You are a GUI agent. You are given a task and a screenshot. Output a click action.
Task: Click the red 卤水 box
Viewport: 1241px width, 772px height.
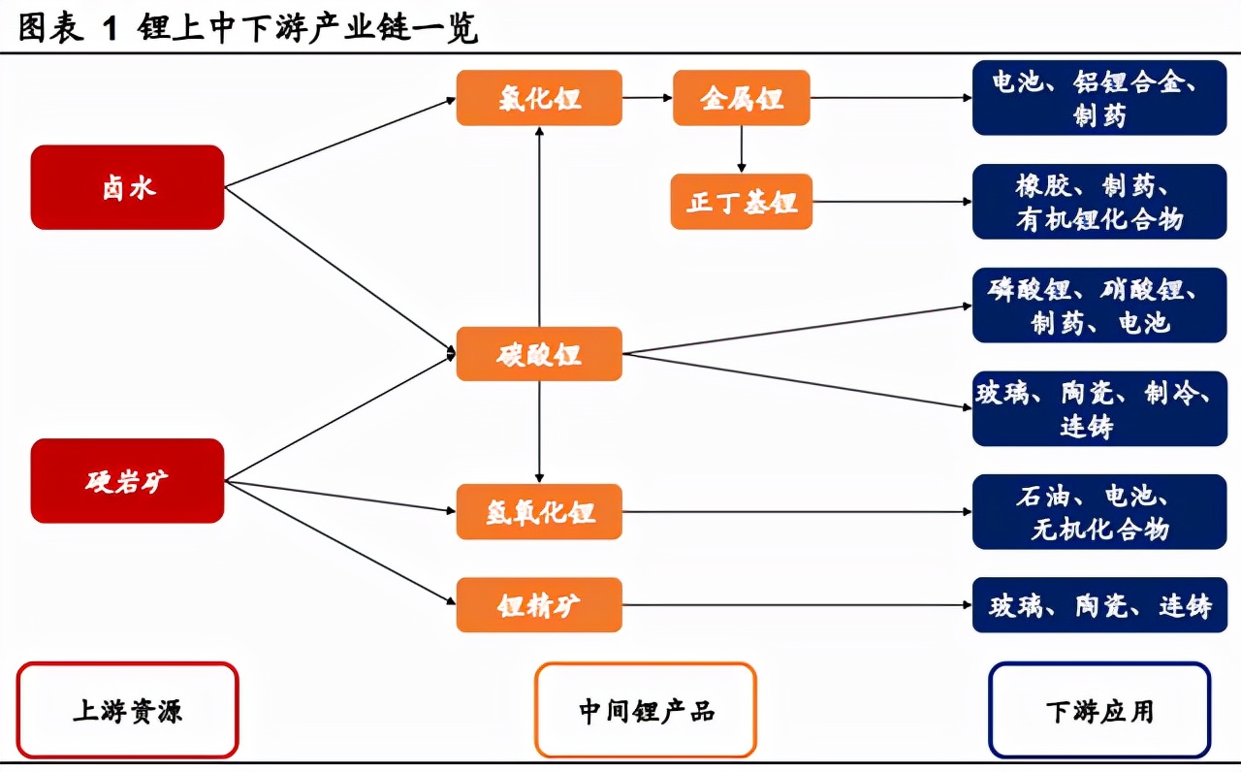click(x=127, y=187)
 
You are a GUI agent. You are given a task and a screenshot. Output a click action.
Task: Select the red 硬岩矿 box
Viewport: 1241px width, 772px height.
click(x=127, y=480)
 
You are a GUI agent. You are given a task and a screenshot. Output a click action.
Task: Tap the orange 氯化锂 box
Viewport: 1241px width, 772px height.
click(x=539, y=98)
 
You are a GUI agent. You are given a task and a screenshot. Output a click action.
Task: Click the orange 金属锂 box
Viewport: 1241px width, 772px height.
click(x=742, y=98)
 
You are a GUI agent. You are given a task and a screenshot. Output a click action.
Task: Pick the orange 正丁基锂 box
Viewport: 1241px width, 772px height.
click(x=742, y=201)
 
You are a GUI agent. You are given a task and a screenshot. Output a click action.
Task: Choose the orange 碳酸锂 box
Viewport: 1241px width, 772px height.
click(x=539, y=354)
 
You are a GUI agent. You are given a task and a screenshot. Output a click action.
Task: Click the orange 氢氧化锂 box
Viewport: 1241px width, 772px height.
click(x=539, y=511)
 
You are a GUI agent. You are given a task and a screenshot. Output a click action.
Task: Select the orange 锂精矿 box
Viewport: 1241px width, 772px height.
click(x=539, y=604)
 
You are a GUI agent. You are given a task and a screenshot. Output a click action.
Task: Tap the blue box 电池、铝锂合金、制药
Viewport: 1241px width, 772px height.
click(x=1099, y=98)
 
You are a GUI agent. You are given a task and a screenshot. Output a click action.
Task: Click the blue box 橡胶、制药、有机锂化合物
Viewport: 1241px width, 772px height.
click(x=1099, y=201)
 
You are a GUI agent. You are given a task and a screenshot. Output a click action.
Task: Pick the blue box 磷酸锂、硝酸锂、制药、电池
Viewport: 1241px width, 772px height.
click(x=1099, y=305)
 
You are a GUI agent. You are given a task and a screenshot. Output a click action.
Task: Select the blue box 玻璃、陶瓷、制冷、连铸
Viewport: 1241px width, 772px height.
click(x=1099, y=408)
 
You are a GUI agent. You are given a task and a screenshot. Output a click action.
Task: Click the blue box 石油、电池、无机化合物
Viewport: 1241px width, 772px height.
click(x=1099, y=511)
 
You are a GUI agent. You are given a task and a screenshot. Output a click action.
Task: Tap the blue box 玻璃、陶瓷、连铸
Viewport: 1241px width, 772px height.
click(x=1099, y=604)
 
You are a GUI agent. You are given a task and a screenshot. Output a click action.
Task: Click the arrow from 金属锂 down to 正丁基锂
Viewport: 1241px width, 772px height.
click(x=742, y=149)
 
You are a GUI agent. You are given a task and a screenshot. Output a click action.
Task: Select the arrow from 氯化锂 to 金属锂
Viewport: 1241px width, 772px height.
click(x=647, y=98)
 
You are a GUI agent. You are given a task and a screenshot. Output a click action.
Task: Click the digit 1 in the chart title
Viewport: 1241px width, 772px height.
click(x=111, y=28)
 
